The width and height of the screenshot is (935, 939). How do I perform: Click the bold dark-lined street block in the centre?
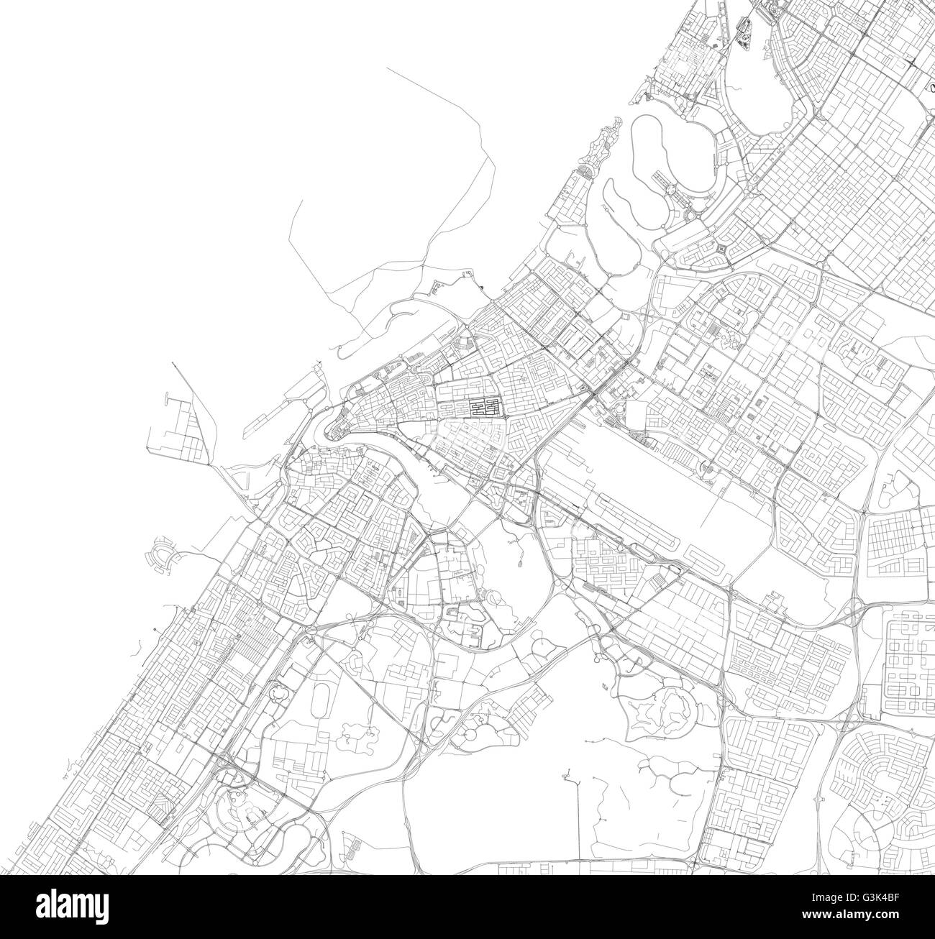click(x=485, y=408)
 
